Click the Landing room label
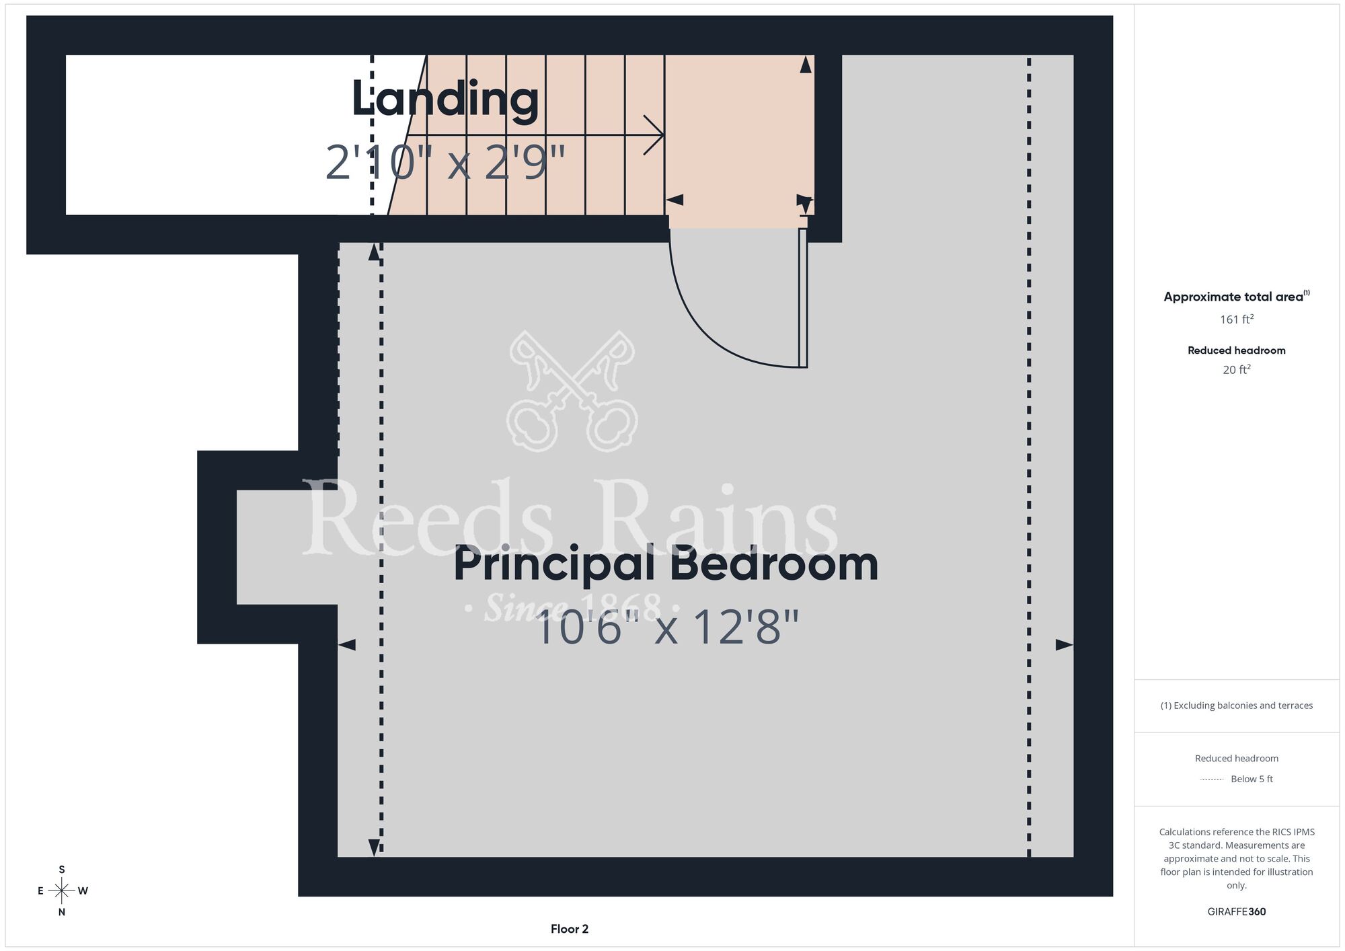tap(445, 100)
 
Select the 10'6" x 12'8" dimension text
tap(666, 627)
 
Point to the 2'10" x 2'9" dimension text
tap(445, 162)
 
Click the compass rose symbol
tap(62, 890)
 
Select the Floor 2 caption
tap(570, 929)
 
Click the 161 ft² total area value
tap(1237, 319)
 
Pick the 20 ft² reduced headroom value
tap(1237, 369)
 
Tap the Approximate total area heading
tap(1237, 297)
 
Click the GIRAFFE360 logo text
tap(1237, 912)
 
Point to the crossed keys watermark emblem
tap(572, 391)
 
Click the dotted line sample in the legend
tap(1212, 779)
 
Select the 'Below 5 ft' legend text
tap(1252, 779)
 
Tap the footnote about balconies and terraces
tap(1237, 706)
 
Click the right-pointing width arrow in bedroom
tap(1065, 645)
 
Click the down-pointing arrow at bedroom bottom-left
tap(375, 847)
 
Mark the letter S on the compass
tap(62, 870)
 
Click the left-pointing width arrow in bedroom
tap(346, 645)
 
